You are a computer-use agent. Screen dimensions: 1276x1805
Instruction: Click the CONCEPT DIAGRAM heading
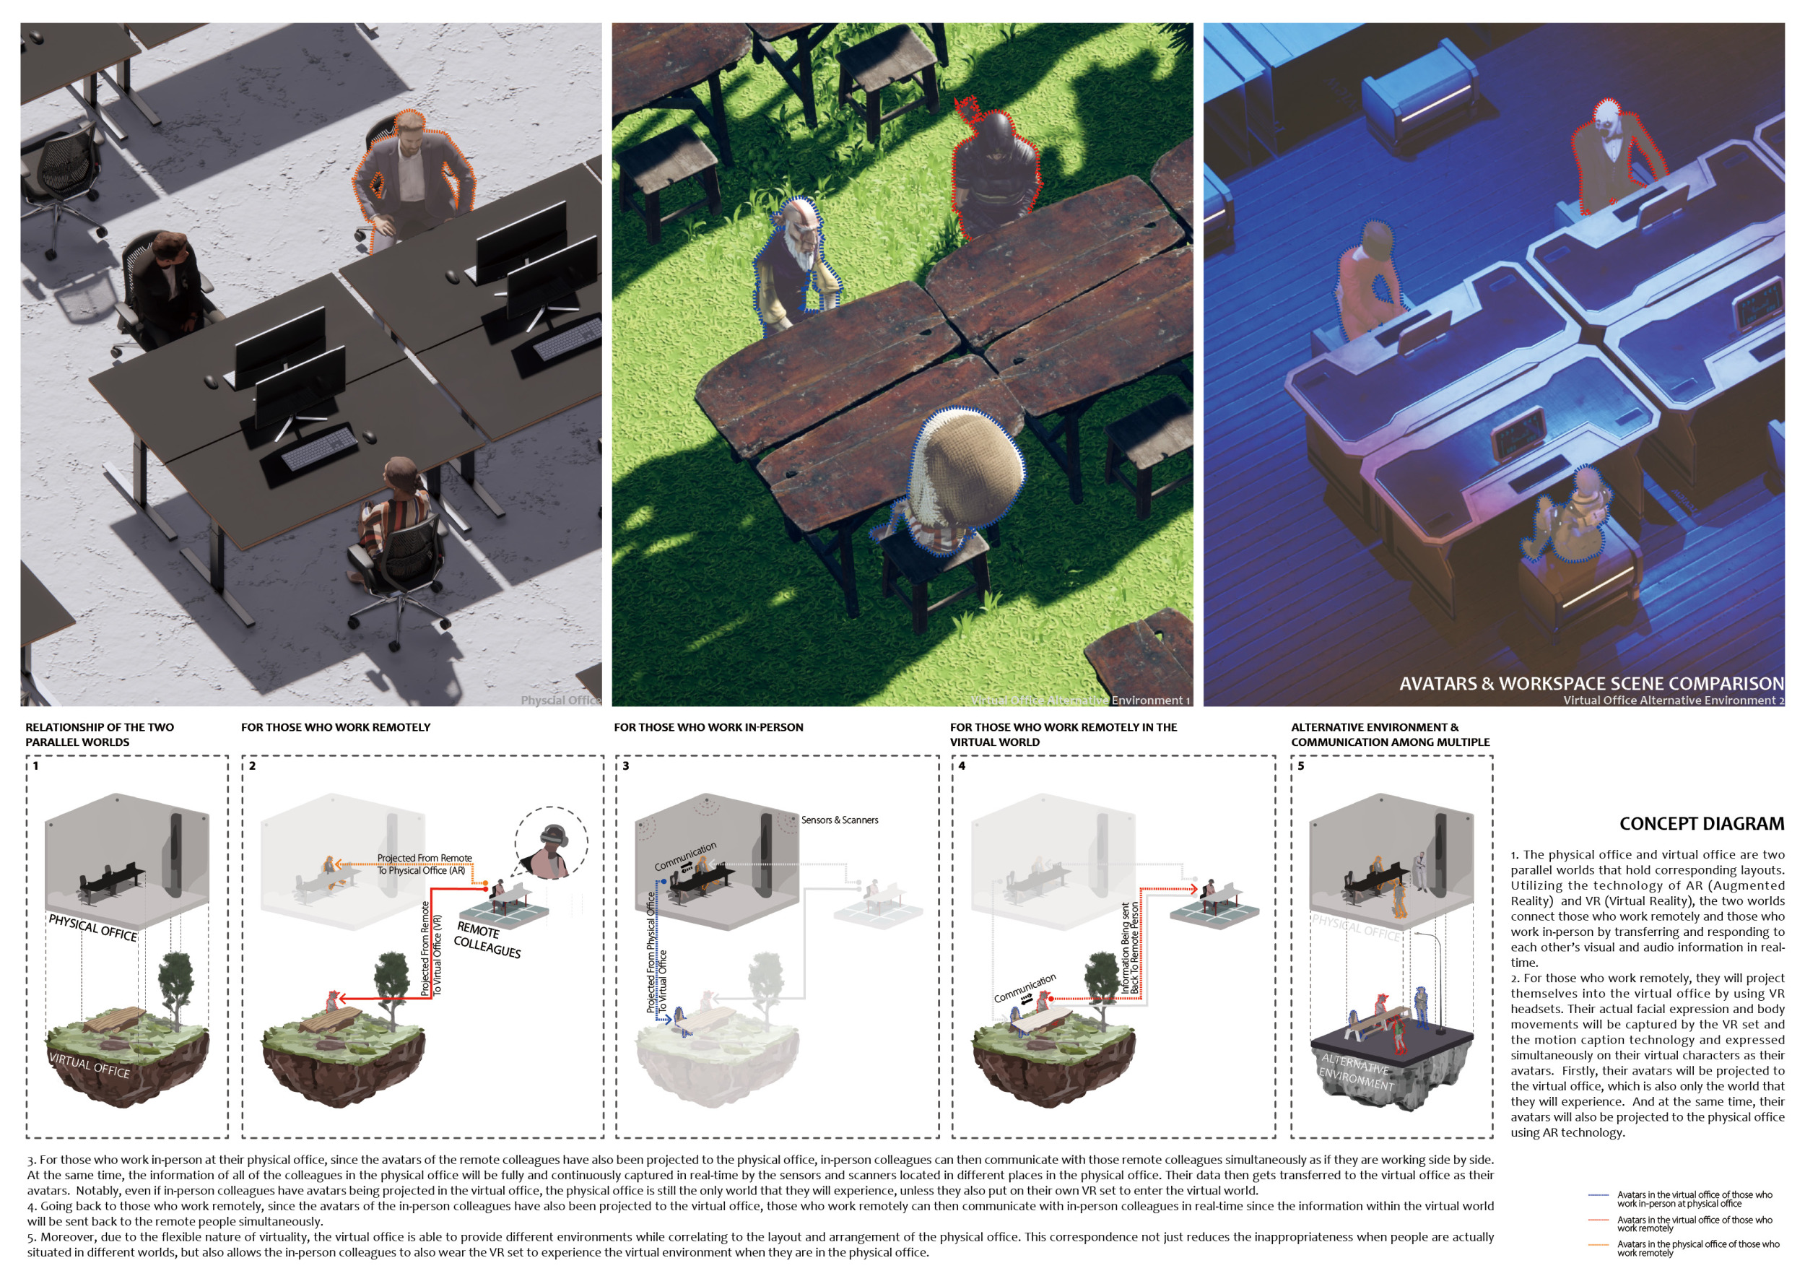(x=1700, y=824)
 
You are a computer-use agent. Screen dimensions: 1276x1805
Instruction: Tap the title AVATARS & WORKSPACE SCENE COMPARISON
(x=1591, y=683)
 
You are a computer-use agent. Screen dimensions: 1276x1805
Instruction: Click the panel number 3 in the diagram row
(x=626, y=765)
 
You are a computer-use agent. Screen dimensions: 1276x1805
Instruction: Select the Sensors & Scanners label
(x=840, y=820)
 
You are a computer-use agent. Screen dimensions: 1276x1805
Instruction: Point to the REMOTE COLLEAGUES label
(x=487, y=940)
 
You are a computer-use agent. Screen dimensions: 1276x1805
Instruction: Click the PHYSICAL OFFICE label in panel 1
(x=92, y=928)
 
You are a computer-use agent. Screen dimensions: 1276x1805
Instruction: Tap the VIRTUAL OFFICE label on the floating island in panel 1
(x=90, y=1065)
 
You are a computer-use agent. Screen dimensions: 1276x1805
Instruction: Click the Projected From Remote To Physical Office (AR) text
(x=424, y=864)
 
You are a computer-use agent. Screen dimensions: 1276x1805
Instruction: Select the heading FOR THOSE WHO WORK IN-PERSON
(x=708, y=727)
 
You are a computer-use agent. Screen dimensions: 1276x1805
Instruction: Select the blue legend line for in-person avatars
(x=1599, y=1195)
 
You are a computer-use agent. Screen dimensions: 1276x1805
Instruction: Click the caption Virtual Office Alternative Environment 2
(x=1673, y=700)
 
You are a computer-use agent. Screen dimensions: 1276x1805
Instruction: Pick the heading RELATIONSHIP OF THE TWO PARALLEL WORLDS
(x=100, y=734)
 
